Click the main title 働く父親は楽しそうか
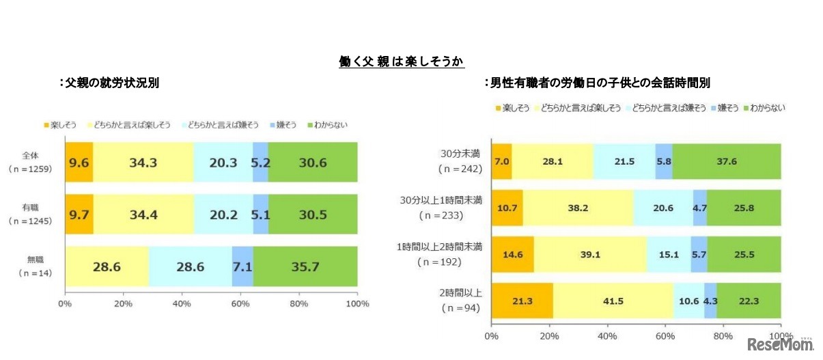(402, 62)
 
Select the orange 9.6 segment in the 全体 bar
(79, 163)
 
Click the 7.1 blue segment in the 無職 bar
(242, 266)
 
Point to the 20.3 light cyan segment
(223, 163)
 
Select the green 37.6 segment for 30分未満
(726, 161)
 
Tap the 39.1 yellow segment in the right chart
(590, 253)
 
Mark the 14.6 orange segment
(512, 253)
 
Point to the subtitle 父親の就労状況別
(111, 83)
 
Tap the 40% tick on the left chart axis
(182, 303)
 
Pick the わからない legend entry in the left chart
(329, 126)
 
